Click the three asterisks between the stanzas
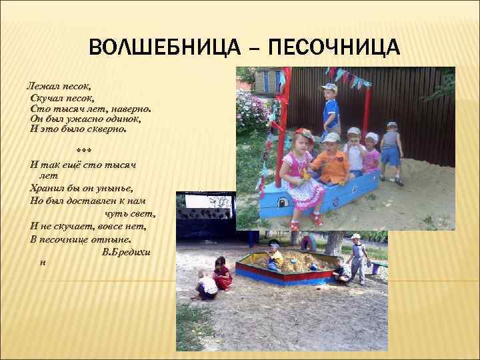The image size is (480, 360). pos(85,149)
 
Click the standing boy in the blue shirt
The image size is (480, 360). pos(330,110)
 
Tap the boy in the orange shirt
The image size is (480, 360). pos(331,161)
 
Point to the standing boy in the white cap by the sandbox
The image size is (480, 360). pos(358,257)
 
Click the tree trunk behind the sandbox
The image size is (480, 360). pos(333,243)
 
